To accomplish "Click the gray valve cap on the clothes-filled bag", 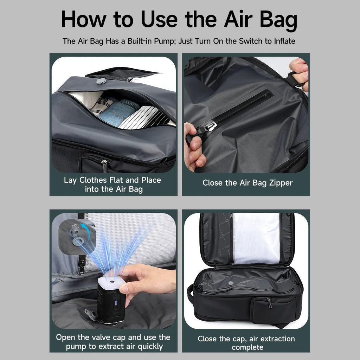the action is pos(101,81).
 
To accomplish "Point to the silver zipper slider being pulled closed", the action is pos(210,126).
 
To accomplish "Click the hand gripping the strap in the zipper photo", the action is pos(300,74).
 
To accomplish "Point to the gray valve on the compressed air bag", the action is pos(231,283).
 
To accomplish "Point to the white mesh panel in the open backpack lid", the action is pos(256,238).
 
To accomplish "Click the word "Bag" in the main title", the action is pos(278,20).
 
